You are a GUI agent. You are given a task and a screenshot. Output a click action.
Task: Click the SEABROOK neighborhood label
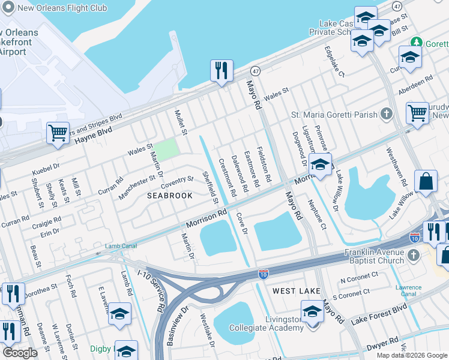click(x=170, y=196)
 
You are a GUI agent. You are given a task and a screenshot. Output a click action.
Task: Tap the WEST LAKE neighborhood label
click(x=296, y=291)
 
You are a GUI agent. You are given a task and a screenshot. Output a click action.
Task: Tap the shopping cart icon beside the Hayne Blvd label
click(x=58, y=133)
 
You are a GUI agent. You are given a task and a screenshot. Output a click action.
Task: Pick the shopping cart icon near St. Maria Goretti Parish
click(x=417, y=112)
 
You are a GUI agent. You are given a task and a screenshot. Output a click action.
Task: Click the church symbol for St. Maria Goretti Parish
click(x=387, y=114)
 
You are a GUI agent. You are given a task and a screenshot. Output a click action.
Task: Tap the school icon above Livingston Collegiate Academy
click(x=312, y=311)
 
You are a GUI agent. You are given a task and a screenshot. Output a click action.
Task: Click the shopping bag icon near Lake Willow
click(x=426, y=182)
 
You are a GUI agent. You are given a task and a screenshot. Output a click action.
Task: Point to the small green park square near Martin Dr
click(x=168, y=148)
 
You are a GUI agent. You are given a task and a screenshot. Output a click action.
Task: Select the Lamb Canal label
click(x=121, y=246)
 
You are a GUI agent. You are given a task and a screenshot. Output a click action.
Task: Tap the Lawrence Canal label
click(x=408, y=291)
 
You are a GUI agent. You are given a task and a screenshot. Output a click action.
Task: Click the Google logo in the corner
click(x=20, y=353)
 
